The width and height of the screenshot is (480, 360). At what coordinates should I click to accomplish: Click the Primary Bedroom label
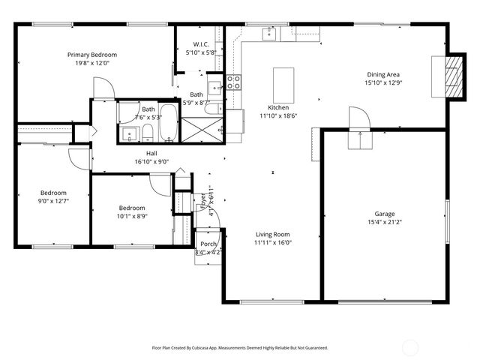tap(91, 55)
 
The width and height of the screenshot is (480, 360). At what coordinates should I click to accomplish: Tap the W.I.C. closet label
tap(200, 44)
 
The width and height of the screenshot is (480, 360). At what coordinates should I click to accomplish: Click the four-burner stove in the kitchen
tap(234, 82)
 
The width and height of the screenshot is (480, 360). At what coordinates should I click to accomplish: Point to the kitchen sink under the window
tap(268, 33)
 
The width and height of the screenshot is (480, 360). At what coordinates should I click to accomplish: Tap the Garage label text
tap(384, 214)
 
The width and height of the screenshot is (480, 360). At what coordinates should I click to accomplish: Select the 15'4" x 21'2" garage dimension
tap(384, 223)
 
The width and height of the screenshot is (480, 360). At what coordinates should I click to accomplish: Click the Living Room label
tap(272, 234)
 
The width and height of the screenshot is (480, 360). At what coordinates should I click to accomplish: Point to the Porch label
tap(208, 244)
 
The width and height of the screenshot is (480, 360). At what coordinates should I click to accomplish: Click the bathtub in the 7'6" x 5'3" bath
tap(169, 122)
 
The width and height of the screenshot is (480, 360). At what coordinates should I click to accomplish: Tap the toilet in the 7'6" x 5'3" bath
tap(148, 133)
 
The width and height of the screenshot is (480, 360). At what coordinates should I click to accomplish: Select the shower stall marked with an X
tap(202, 128)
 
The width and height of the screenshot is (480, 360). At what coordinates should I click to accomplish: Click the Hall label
tap(151, 153)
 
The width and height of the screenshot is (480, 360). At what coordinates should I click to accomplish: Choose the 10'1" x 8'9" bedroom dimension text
tap(131, 216)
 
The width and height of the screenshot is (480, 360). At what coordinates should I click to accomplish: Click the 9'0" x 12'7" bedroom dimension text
tap(53, 201)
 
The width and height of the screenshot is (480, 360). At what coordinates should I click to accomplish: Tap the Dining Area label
tap(382, 74)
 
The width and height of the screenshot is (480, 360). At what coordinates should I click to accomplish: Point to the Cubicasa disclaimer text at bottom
tap(240, 348)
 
